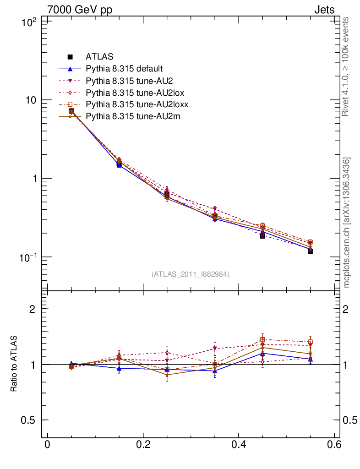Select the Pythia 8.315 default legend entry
click(x=124, y=69)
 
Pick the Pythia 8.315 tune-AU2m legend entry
click(x=133, y=116)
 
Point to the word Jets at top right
click(x=324, y=10)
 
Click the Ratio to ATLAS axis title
click(x=14, y=364)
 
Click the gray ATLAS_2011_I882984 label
click(x=191, y=274)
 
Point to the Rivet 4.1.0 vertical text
click(x=346, y=67)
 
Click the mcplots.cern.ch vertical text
click(x=347, y=223)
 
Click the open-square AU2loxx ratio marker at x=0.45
click(x=262, y=339)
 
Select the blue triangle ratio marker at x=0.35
click(x=214, y=371)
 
